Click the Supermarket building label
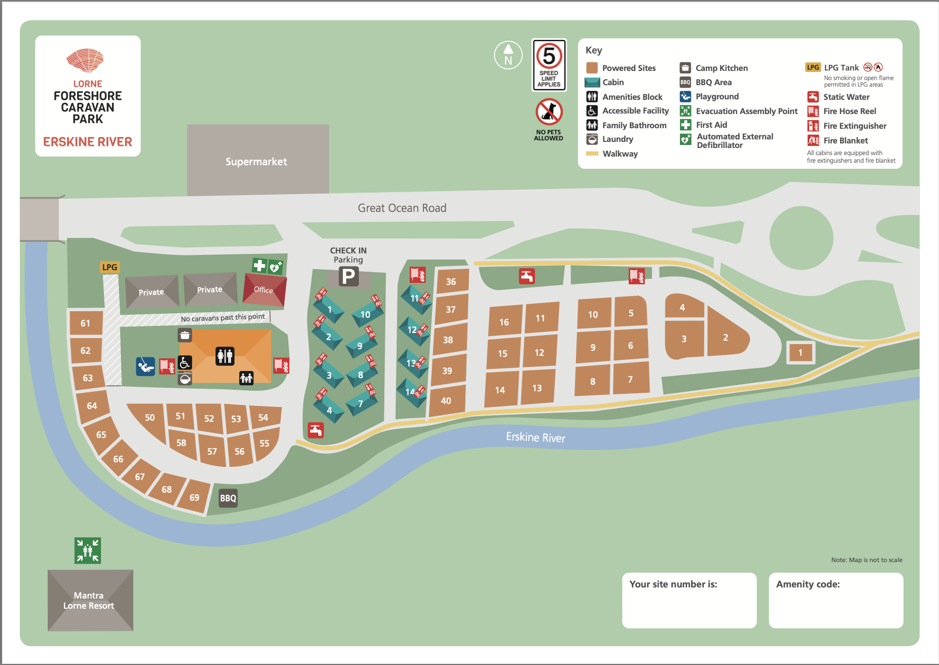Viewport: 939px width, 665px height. [257, 162]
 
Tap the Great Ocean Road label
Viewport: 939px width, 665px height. [402, 208]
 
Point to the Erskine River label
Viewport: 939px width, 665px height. [535, 437]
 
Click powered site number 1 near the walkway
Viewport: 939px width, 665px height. [801, 353]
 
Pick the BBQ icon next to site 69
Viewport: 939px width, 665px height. [228, 498]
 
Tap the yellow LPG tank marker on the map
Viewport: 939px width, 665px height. [110, 267]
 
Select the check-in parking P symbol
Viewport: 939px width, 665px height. [349, 277]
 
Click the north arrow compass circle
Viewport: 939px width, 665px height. [508, 55]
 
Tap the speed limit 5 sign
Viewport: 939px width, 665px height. [549, 65]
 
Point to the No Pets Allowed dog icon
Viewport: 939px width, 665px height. [549, 112]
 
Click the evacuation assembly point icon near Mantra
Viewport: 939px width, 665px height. [88, 550]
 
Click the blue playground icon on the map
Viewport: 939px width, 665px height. [146, 366]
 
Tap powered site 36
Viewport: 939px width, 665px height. [451, 282]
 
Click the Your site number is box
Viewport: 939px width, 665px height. [689, 601]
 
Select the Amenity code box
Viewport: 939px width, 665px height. [836, 601]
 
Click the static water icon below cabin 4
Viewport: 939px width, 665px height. [316, 430]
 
